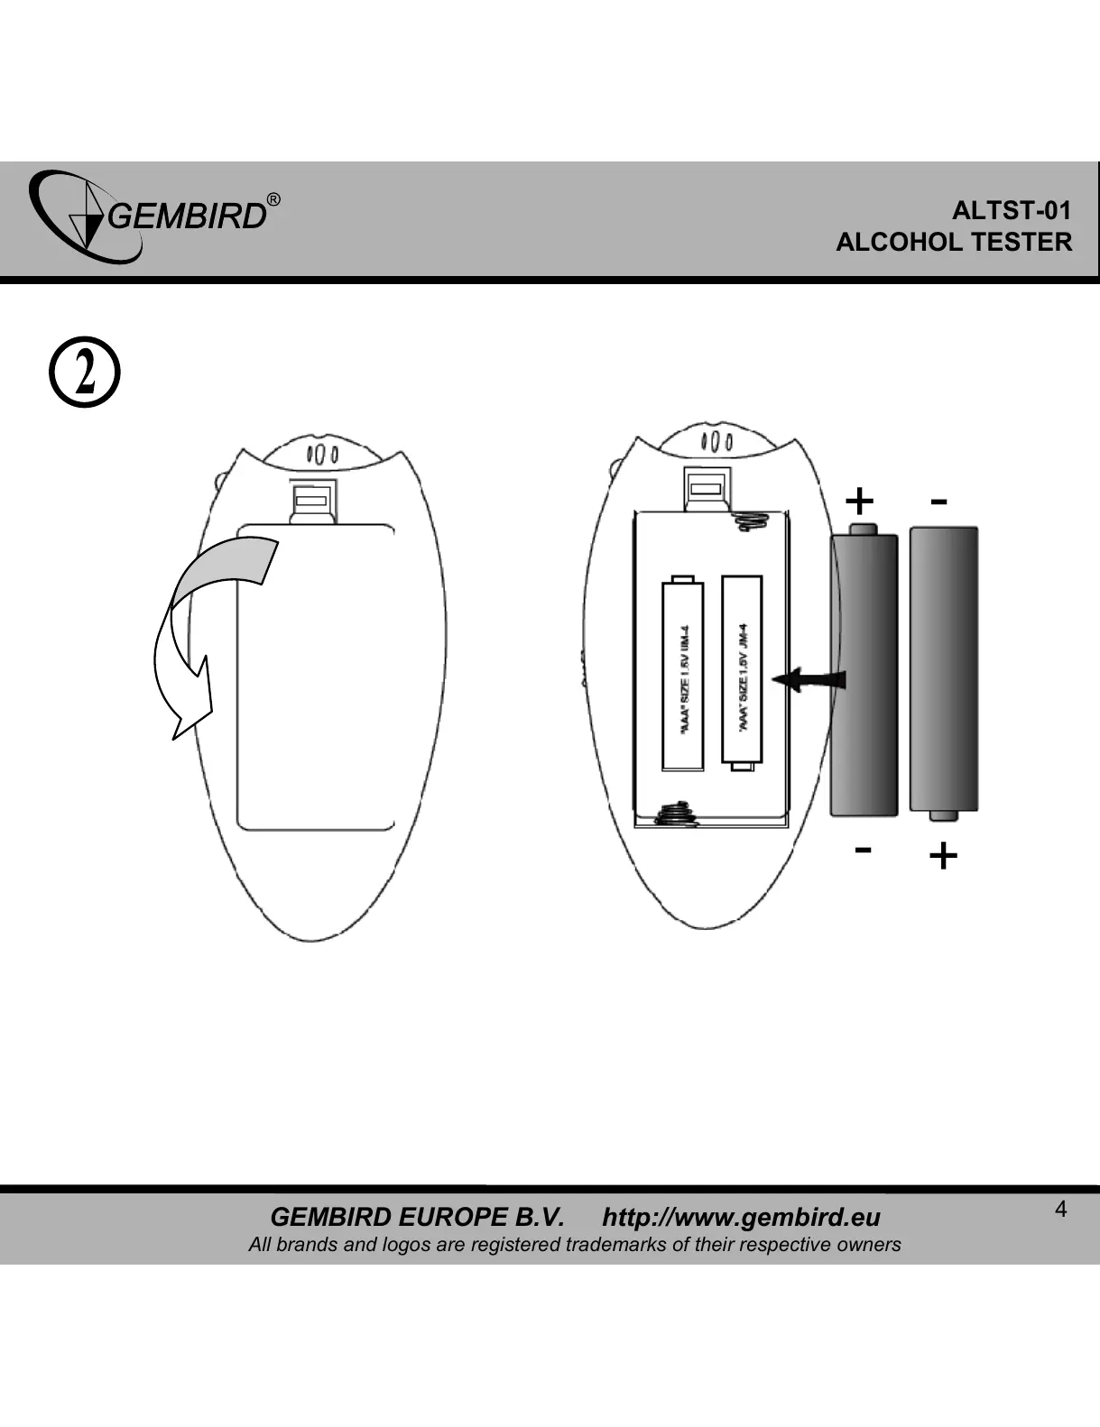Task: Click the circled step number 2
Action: [83, 373]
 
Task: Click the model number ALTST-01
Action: [1012, 211]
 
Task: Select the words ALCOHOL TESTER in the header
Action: [954, 242]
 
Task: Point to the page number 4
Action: [1061, 1210]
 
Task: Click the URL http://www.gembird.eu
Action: [741, 1217]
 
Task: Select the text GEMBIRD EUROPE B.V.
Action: [417, 1217]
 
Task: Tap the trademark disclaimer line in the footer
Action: [574, 1245]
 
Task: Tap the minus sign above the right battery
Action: [938, 501]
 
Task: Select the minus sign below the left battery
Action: [863, 849]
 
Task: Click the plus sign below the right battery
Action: [942, 855]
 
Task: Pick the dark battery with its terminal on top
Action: [864, 672]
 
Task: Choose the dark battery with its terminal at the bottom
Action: [943, 672]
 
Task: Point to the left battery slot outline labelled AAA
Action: [682, 674]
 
